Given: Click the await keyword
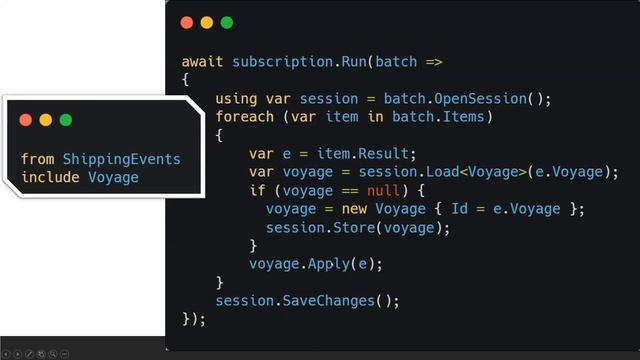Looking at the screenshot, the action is tap(203, 62).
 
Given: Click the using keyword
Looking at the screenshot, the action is tap(236, 99).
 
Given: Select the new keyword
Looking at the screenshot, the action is tap(348, 208).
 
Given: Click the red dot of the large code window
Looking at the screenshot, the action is tap(186, 22).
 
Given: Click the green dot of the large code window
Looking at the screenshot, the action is tap(226, 22).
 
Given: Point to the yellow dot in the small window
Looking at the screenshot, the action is tap(46, 120).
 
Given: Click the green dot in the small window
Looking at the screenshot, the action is tap(66, 120).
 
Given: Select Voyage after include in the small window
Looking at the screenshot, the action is tap(113, 177).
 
